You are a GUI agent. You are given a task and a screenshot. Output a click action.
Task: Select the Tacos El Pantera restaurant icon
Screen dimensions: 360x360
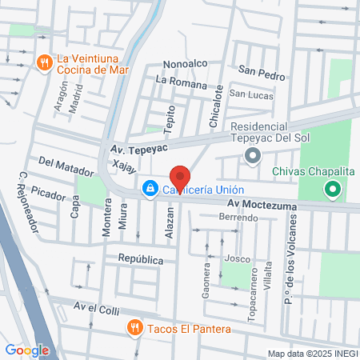pos(134,327)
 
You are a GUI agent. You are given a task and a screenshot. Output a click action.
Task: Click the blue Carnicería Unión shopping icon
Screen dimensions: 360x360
pos(149,189)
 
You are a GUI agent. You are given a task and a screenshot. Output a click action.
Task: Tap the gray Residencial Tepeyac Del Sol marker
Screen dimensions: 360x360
pos(254,155)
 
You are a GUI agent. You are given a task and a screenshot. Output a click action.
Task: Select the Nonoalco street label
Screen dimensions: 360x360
pos(185,63)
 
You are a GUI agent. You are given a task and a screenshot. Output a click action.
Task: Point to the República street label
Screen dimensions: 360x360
pos(140,260)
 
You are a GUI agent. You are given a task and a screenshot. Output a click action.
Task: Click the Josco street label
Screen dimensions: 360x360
pos(237,258)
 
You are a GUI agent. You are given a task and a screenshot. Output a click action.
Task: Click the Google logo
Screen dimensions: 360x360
pos(27,350)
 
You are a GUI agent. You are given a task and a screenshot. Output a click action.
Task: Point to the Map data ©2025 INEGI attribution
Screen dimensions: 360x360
pos(312,354)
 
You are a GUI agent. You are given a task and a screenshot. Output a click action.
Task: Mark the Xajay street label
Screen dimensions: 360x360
pos(125,168)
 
